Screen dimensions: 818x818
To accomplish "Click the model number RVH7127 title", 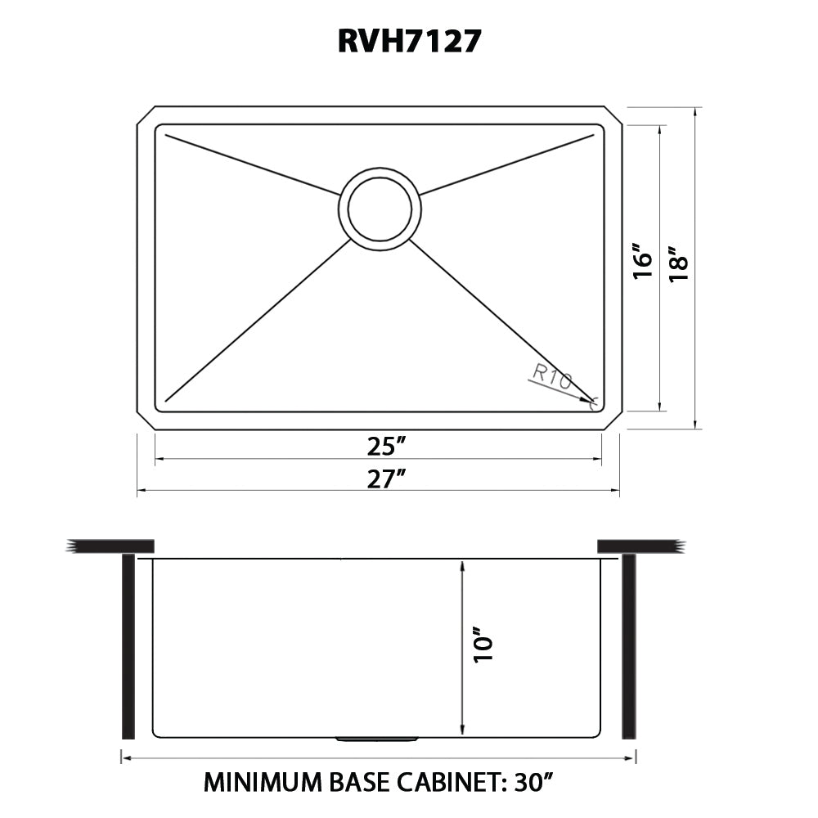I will [x=408, y=40].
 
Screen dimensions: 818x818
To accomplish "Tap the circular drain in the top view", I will [x=380, y=209].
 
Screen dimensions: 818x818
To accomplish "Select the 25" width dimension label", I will [x=386, y=447].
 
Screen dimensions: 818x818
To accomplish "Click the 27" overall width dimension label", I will [x=386, y=479].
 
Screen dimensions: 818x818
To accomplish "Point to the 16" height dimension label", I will [x=644, y=261].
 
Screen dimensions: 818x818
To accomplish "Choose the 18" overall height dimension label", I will [x=679, y=264].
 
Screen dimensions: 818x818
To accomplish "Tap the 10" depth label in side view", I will [x=484, y=645].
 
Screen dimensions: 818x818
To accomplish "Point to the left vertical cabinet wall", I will [x=128, y=646].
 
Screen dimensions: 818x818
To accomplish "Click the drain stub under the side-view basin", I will [x=377, y=739].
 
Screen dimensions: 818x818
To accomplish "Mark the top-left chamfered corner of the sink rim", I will [x=145, y=115].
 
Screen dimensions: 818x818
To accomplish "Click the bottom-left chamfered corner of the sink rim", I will [x=145, y=420].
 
